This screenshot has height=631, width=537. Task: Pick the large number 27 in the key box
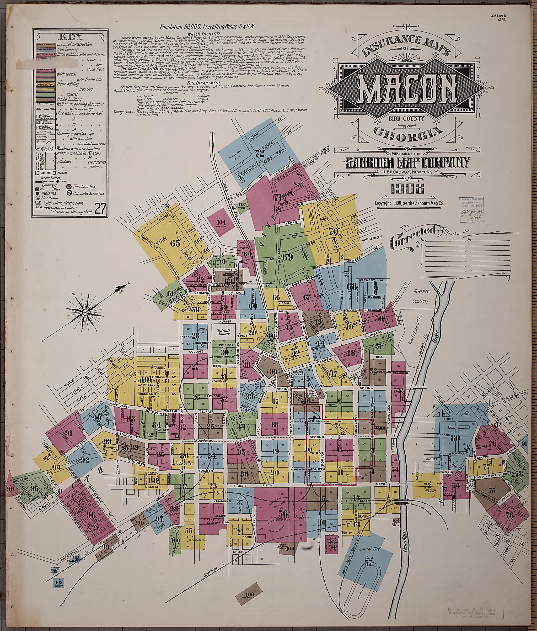pyautogui.click(x=100, y=209)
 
